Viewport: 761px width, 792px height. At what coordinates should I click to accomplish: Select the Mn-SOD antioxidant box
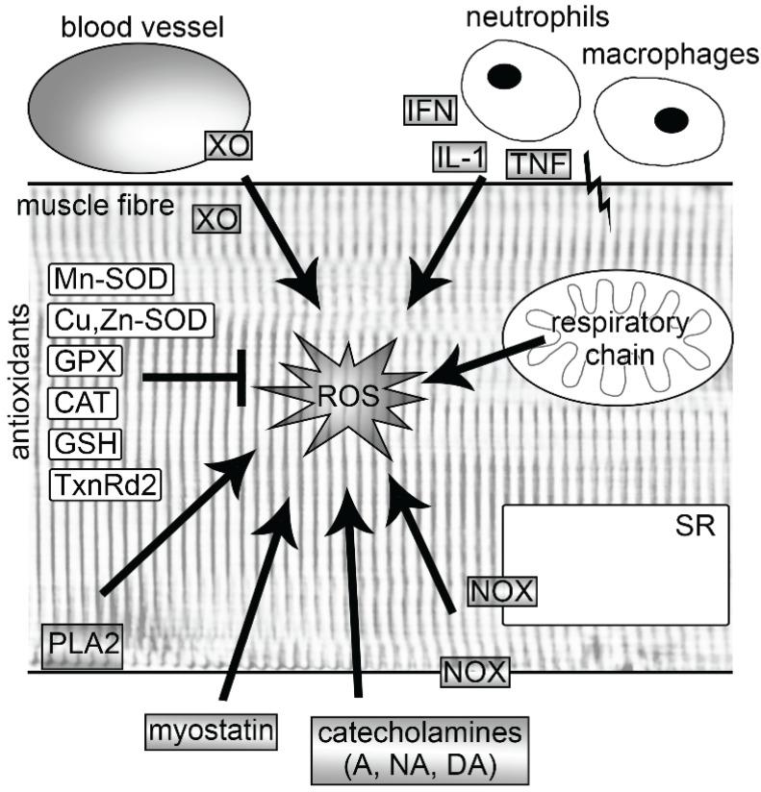109,281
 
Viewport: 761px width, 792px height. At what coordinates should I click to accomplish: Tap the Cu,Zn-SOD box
127,320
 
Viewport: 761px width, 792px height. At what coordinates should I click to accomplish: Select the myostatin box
208,730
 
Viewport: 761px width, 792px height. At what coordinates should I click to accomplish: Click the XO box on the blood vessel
227,146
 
